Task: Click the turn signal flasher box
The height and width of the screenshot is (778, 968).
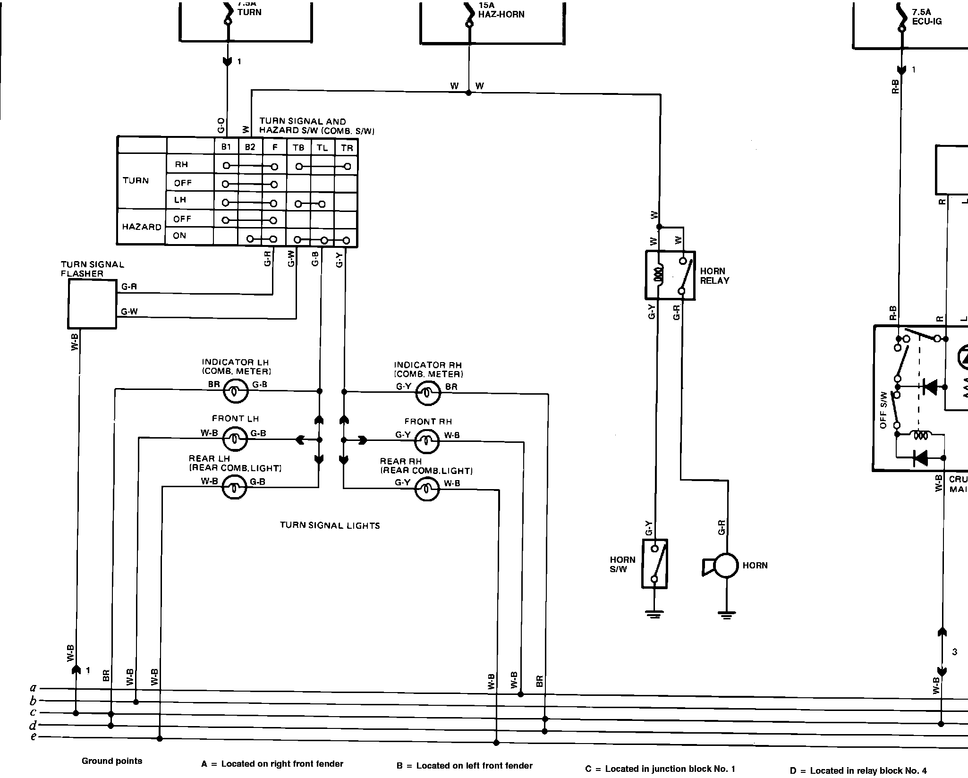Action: [92, 304]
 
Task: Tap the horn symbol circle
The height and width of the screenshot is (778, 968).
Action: [726, 565]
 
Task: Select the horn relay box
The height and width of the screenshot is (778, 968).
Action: [670, 275]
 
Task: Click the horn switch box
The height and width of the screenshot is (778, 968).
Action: [654, 564]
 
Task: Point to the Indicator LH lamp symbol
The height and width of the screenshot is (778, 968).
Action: [235, 391]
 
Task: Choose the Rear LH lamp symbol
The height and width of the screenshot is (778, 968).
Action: [235, 487]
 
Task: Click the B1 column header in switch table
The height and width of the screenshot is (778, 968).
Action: [226, 147]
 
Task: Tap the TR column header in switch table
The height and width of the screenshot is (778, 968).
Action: [347, 148]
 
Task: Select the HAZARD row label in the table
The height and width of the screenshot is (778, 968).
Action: [142, 227]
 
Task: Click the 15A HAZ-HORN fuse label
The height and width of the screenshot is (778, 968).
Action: [501, 10]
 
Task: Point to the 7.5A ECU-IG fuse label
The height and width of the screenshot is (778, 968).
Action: [927, 17]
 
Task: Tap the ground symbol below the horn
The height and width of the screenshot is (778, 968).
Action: [726, 615]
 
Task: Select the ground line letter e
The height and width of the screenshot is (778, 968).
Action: [34, 737]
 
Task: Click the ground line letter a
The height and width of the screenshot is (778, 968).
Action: [34, 688]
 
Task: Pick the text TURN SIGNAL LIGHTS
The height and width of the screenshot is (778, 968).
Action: [330, 525]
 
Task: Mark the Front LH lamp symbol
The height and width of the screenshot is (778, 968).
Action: [235, 439]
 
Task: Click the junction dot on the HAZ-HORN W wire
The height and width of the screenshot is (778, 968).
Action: [468, 93]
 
